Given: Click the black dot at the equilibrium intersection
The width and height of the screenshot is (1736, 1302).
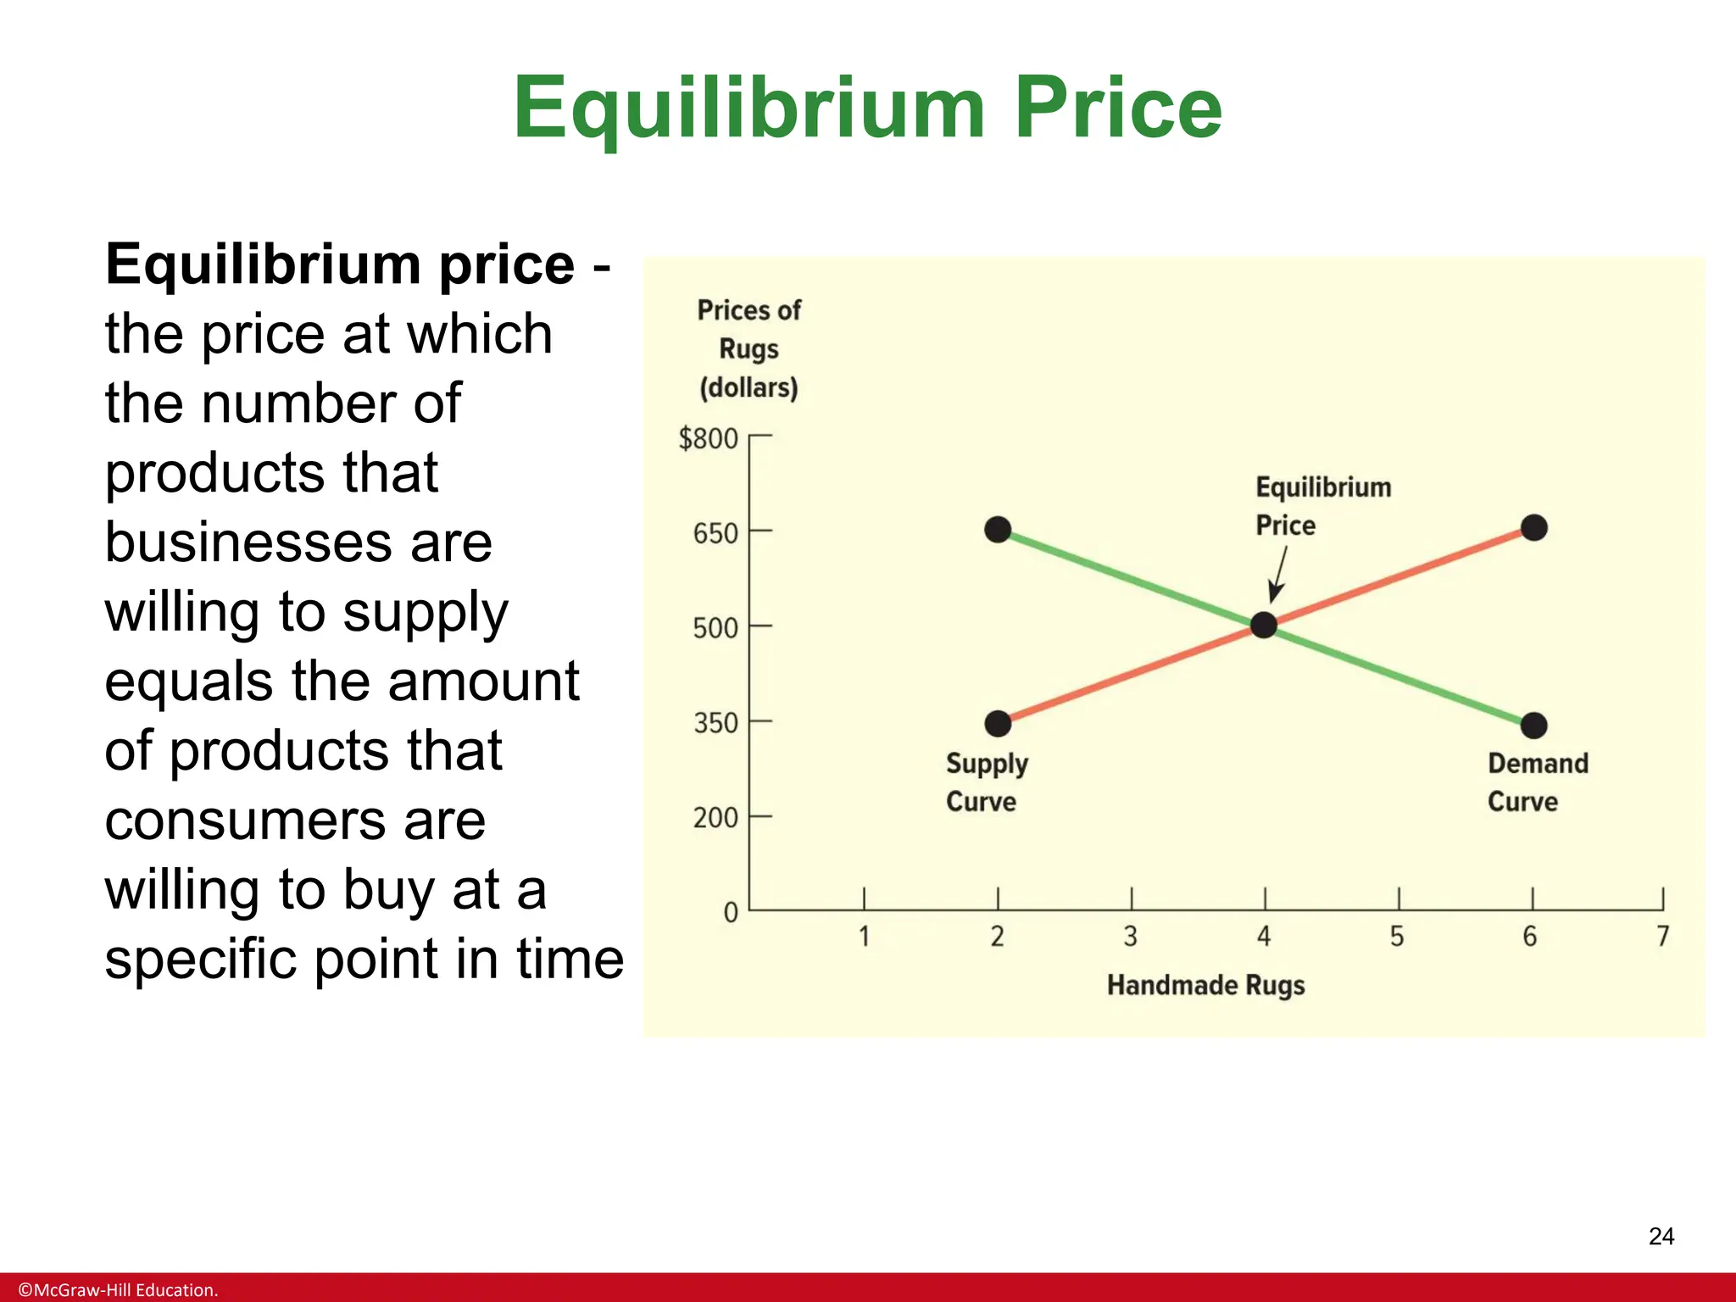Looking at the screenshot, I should (x=1264, y=625).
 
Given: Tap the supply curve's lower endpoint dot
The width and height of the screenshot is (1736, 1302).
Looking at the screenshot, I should (x=999, y=723).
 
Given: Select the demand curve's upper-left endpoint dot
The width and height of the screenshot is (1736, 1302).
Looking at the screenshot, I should (x=999, y=530).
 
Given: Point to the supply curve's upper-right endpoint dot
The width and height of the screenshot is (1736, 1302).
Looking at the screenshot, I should (x=1534, y=528).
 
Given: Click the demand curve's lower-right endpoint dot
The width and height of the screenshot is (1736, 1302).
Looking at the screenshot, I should (x=1534, y=726).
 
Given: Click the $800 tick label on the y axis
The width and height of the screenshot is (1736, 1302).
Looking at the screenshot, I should (x=709, y=439).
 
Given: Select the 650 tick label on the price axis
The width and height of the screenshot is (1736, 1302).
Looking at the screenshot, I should (x=715, y=534).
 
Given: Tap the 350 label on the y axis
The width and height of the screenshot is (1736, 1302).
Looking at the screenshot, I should (x=715, y=723).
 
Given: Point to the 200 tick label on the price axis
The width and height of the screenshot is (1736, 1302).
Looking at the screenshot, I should (x=715, y=818).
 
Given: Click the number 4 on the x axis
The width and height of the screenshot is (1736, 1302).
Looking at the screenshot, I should (x=1264, y=937).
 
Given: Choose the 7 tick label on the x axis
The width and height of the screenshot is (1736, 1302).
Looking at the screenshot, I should (x=1663, y=937).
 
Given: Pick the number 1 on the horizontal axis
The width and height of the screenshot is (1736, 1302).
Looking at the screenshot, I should (x=864, y=937).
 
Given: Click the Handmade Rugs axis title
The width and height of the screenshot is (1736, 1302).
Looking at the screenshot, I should (x=1205, y=986).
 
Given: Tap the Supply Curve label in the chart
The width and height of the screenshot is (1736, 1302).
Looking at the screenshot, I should (x=987, y=782).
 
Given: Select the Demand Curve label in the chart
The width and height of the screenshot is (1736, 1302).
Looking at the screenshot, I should (x=1538, y=782).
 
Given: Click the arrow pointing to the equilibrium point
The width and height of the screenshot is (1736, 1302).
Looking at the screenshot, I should (x=1278, y=575).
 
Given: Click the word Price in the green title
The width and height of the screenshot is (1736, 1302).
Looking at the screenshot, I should (x=1118, y=108).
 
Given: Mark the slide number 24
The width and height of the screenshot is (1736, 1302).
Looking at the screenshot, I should (x=1661, y=1237).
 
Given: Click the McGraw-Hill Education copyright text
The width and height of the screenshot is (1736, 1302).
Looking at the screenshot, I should (x=118, y=1290).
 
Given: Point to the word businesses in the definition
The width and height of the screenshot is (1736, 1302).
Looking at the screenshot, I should (x=298, y=542).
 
